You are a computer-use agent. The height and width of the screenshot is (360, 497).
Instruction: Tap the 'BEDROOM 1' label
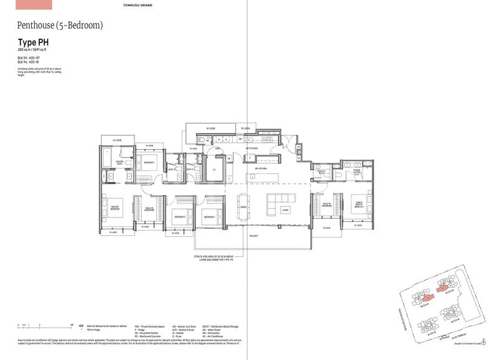pyautogui.click(x=149, y=163)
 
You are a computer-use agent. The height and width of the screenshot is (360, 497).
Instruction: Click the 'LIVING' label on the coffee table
pyautogui.click(x=285, y=211)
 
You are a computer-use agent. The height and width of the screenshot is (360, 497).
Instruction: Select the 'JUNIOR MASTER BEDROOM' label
pyautogui.click(x=359, y=205)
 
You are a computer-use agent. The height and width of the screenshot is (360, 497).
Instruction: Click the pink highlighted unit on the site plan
pyautogui.click(x=440, y=288)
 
